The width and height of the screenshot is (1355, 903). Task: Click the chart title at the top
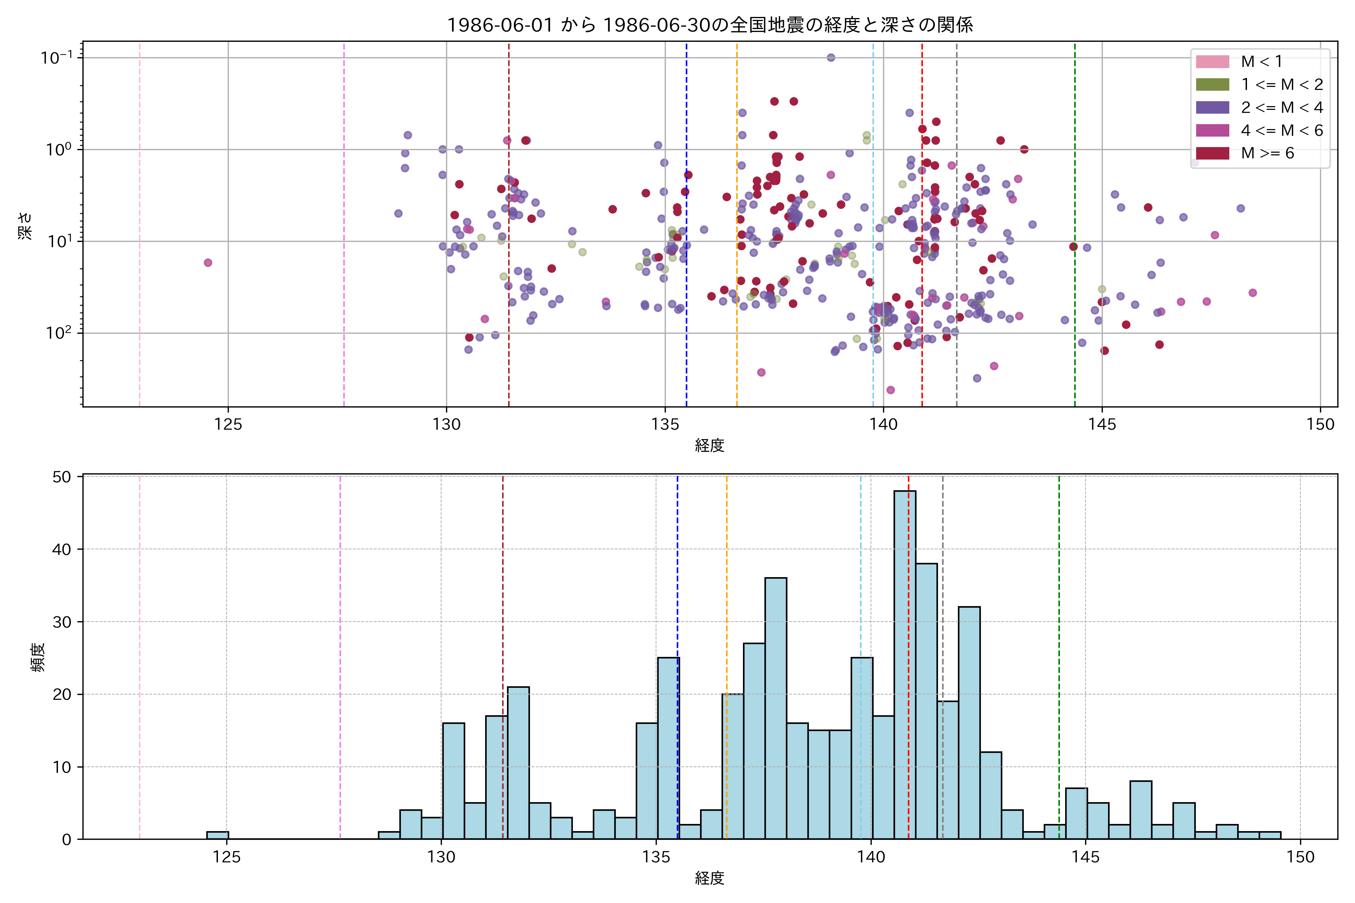tap(710, 25)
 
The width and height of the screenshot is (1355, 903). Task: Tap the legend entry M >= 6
tap(1267, 153)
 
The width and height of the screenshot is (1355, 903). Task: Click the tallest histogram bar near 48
tap(904, 662)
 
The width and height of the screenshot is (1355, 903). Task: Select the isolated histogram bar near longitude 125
tap(217, 835)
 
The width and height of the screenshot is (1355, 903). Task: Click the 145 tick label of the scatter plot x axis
tap(1102, 424)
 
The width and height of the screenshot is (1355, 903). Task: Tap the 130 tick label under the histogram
tap(441, 857)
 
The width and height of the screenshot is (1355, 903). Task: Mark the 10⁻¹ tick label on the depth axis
tap(56, 58)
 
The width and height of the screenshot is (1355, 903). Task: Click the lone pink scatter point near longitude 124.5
tap(208, 263)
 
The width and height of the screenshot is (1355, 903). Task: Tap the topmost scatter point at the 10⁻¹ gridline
tap(831, 58)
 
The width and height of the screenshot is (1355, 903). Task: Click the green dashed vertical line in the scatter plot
tap(1075, 230)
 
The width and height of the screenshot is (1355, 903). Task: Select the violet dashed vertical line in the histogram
tap(340, 657)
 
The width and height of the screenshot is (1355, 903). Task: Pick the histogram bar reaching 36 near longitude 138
tap(775, 708)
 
